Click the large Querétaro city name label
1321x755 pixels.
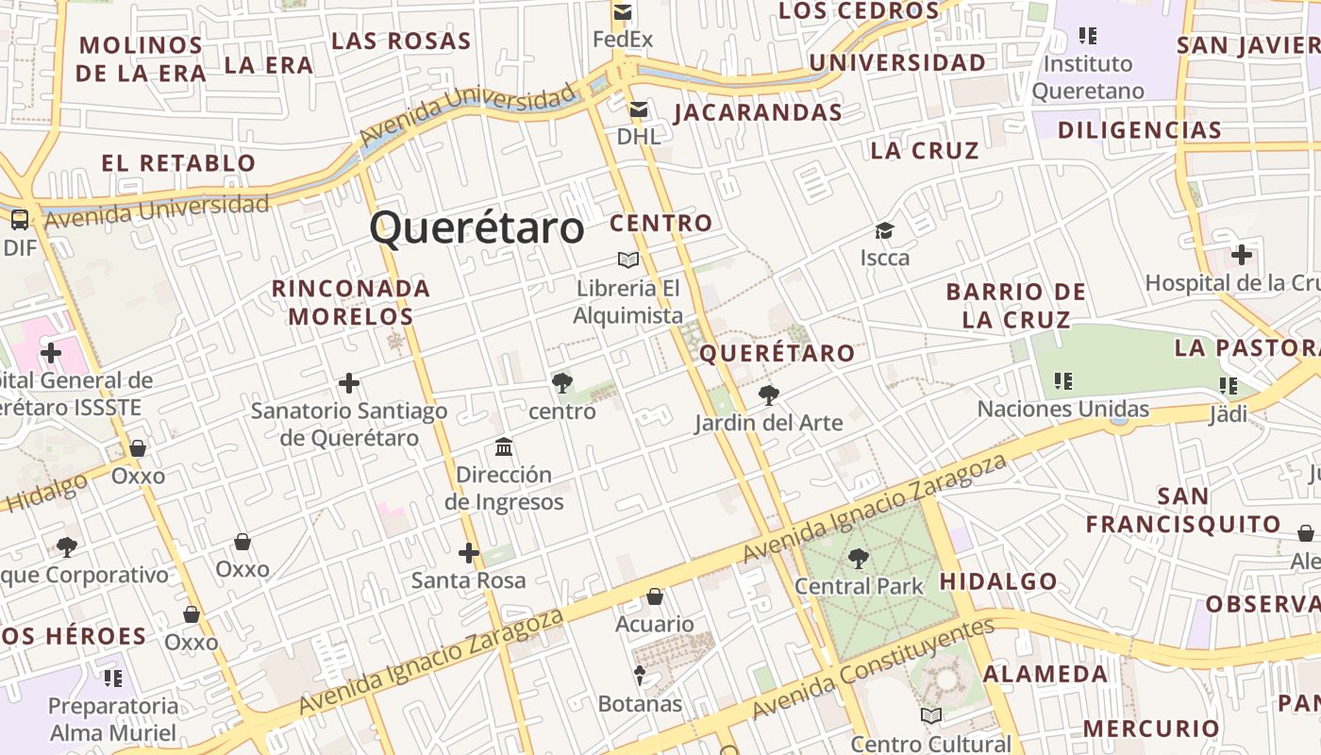477,228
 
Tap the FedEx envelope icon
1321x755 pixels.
622,12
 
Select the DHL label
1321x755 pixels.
639,136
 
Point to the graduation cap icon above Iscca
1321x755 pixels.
884,230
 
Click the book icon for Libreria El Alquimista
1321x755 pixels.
627,260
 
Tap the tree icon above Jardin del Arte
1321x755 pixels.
769,395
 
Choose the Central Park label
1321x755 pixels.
859,586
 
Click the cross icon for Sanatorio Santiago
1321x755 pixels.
349,383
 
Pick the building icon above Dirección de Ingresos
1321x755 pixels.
504,446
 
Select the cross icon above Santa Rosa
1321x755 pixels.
468,553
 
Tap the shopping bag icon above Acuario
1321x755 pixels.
655,596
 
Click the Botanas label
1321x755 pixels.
640,704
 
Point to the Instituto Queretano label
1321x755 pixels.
1087,77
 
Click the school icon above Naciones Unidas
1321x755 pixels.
1063,381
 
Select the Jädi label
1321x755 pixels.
1229,413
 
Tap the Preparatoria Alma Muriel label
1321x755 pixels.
113,719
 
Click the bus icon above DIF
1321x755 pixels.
19,220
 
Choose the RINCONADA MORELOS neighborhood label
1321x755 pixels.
351,302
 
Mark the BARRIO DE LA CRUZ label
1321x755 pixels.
1016,305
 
